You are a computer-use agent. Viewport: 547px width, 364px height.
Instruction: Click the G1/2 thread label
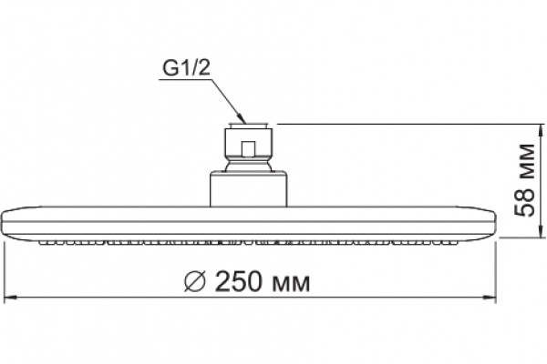coord(187,68)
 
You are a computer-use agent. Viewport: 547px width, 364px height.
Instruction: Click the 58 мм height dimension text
coord(524,180)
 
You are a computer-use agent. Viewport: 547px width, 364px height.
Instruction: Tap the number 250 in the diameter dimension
coord(238,281)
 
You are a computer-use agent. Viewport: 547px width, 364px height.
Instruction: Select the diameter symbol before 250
coord(194,281)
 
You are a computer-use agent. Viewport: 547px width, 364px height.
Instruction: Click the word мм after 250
coord(290,283)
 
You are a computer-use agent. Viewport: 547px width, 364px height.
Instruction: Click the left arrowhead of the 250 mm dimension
coord(10,298)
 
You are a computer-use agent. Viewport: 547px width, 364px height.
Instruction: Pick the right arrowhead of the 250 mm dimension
coord(489,298)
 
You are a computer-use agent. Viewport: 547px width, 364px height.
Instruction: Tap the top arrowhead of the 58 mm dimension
coord(540,131)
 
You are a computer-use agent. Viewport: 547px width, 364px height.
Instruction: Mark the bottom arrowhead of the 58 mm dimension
coord(540,230)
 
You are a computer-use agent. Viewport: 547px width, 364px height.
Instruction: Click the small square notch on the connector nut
coord(248,148)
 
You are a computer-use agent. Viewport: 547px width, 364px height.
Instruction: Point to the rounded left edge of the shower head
coord(5,222)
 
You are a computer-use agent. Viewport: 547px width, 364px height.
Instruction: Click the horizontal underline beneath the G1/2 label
coord(186,80)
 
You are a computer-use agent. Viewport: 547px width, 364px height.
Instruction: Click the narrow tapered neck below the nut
coord(248,164)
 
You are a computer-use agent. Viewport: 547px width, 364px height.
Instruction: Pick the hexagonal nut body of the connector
coord(248,143)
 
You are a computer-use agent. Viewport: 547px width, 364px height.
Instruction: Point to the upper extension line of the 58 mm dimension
coord(411,124)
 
